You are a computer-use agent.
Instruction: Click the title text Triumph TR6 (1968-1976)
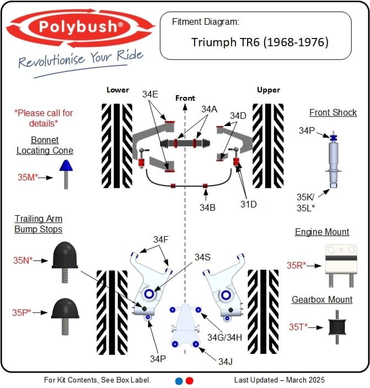pos(260,42)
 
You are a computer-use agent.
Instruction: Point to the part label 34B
pos(208,207)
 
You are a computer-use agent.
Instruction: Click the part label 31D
pos(248,204)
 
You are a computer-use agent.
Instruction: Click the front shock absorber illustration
pos(333,160)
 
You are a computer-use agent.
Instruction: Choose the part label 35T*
pos(299,326)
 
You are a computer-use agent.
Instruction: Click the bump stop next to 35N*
pos(65,258)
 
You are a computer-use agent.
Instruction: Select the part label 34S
pos(202,257)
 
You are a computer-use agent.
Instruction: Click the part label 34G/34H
pos(224,336)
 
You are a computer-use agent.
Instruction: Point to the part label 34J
pos(226,362)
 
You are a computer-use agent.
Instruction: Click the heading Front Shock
pos(333,113)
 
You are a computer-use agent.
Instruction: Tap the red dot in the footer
pos(190,380)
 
